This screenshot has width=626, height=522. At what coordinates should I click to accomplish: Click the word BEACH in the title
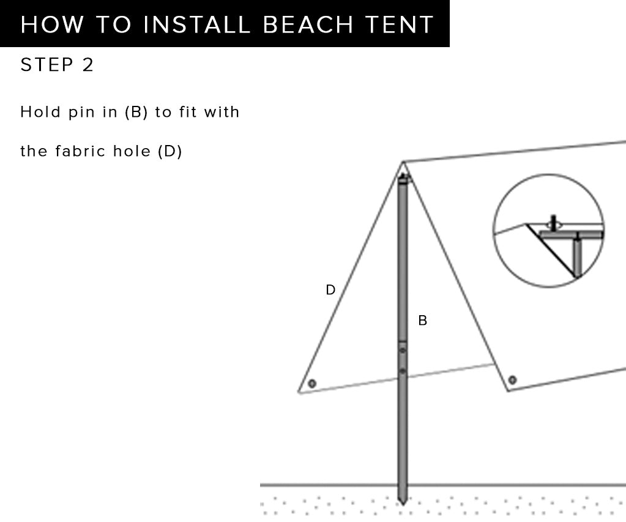pos(308,24)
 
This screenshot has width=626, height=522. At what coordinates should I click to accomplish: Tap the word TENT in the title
pos(399,24)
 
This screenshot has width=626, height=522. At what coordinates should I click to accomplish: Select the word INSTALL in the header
pos(196,24)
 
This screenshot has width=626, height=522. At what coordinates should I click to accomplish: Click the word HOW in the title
pos(52,24)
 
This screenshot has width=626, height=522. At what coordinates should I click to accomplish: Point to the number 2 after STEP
pos(88,65)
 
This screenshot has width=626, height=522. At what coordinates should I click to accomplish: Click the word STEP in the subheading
pos(47,65)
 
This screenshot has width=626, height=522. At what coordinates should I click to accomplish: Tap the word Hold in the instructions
pos(40,112)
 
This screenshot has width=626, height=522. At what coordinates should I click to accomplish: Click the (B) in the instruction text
pos(136,112)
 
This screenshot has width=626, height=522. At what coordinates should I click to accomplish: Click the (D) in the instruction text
pos(170,151)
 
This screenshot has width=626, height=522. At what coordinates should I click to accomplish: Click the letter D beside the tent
pos(330,290)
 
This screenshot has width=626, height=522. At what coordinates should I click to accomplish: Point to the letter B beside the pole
pos(422,320)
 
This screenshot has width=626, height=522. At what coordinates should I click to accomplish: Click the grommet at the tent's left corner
pos(312,384)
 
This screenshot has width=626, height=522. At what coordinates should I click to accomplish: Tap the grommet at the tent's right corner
pos(513,380)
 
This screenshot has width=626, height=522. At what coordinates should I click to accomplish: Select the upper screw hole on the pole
pos(403,350)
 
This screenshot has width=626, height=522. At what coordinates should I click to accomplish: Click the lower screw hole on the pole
pos(403,371)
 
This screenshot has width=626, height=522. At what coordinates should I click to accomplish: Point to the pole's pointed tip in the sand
pos(403,504)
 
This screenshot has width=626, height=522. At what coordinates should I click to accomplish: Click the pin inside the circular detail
pos(553,223)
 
